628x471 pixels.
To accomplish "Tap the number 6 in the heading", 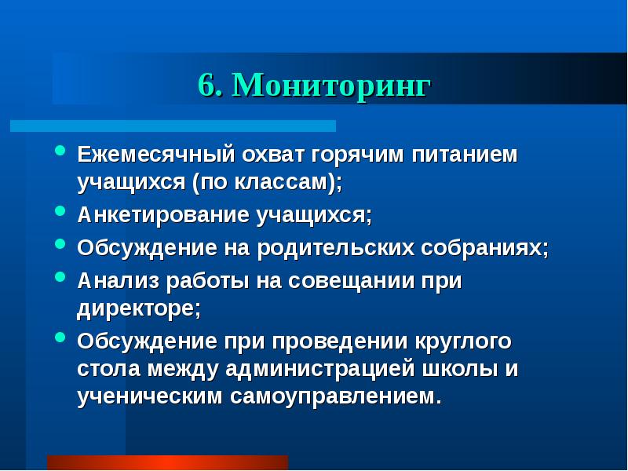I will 207,86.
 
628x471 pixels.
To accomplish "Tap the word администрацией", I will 323,369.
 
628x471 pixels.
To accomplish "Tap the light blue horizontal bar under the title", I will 173,126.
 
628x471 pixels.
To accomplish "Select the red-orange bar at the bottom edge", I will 167,462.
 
